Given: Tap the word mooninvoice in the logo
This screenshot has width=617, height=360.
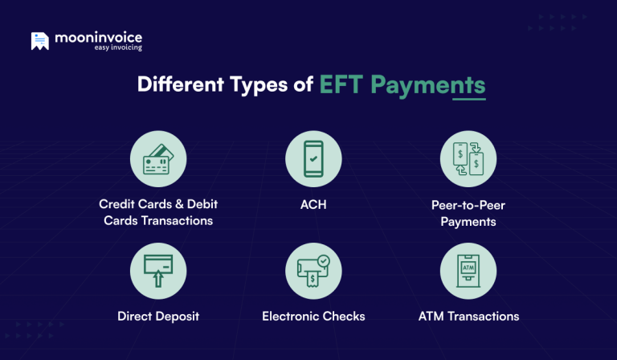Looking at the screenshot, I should click(99, 37).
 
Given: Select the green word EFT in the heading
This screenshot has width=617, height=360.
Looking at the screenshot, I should click(341, 85).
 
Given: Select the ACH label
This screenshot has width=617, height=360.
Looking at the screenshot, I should click(313, 205).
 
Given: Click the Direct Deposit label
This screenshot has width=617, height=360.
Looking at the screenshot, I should click(158, 316).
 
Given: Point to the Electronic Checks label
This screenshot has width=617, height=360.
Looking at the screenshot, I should click(313, 316).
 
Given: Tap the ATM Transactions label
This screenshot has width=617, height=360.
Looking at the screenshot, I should click(468, 316).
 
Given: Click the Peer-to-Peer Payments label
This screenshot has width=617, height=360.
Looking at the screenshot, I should click(468, 213).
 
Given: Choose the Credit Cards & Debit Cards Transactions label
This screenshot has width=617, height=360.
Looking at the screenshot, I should click(158, 213).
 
